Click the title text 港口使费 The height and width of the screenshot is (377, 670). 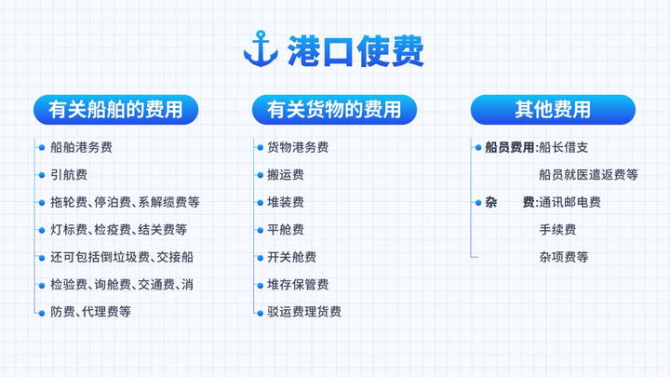[x=355, y=51]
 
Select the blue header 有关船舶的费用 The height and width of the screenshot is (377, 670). [x=115, y=110]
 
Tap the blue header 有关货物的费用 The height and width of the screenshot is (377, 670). [x=334, y=110]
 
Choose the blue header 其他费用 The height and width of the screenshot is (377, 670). [x=553, y=110]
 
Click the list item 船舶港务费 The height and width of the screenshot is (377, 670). [x=81, y=147]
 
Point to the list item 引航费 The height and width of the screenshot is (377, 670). [x=69, y=175]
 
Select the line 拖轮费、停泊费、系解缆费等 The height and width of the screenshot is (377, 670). [x=125, y=202]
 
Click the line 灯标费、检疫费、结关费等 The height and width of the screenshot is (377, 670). [x=119, y=230]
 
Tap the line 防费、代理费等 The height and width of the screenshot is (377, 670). [x=90, y=312]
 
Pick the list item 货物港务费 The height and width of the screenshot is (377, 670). [x=298, y=147]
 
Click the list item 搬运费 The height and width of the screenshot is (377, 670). [x=286, y=175]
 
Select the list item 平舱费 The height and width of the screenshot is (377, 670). [x=286, y=230]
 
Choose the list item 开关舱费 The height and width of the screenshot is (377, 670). [x=292, y=257]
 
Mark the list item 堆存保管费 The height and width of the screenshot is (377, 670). [x=298, y=285]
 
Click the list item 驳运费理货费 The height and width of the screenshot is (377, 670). [x=304, y=312]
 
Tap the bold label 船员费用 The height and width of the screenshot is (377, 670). [x=509, y=147]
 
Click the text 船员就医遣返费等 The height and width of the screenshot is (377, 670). [x=588, y=175]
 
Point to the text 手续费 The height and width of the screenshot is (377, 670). [x=557, y=230]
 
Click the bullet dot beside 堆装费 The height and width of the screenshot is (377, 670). [x=260, y=203]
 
